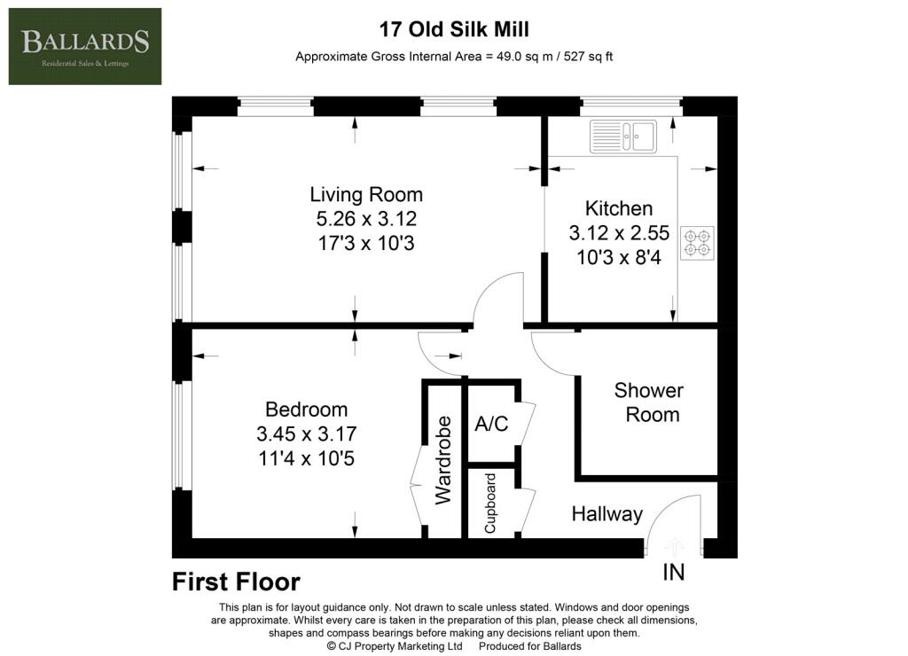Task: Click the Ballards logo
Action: pos(85,46)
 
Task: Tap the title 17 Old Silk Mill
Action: pos(454,29)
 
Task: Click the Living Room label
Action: pos(366,194)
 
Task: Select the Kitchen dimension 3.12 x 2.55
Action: pos(619,233)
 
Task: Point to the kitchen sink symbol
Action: pos(623,137)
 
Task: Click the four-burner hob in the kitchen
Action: pos(697,243)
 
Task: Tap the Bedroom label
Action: pos(306,410)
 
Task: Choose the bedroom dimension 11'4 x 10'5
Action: pos(306,458)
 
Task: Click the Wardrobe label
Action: pos(443,460)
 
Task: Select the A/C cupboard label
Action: pos(491,424)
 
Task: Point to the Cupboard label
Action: pos(489,504)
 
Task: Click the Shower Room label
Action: pos(649,402)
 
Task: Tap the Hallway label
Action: pos(607,514)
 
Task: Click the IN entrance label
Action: pos(674,573)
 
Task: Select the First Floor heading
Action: pos(236,582)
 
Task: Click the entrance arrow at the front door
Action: pos(674,547)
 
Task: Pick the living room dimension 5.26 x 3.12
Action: pos(366,219)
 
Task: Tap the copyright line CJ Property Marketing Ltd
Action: pos(395,646)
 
